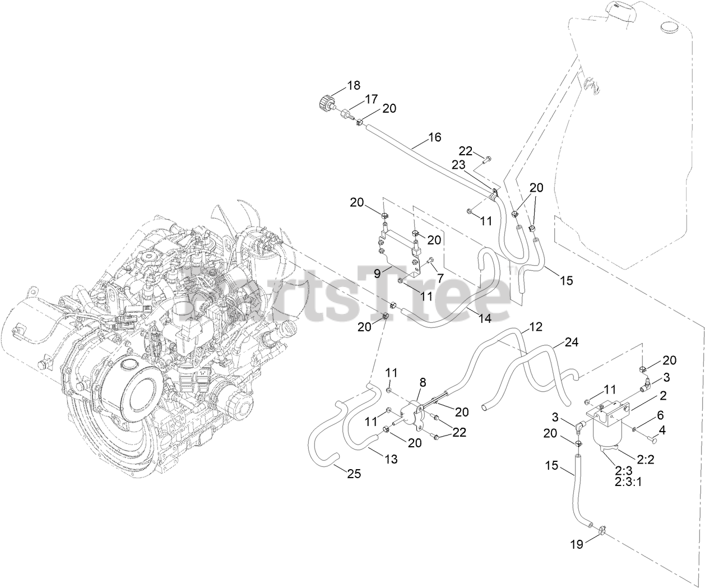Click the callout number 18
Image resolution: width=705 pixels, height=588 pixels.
(x=353, y=86)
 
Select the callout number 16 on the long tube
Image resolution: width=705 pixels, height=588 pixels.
(x=434, y=137)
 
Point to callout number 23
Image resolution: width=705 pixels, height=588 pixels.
(x=459, y=165)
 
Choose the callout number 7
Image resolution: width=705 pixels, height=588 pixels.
(x=439, y=277)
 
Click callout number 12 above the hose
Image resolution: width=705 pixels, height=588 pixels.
(x=536, y=326)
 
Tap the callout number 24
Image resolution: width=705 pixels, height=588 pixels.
(x=571, y=342)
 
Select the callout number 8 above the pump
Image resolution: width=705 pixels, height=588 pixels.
(x=423, y=382)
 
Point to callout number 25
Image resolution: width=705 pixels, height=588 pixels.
(x=354, y=474)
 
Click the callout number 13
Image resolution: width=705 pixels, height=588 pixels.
(x=391, y=459)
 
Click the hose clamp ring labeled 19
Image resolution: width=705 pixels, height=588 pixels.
(x=602, y=528)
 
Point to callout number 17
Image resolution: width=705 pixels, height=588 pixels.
(x=372, y=99)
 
